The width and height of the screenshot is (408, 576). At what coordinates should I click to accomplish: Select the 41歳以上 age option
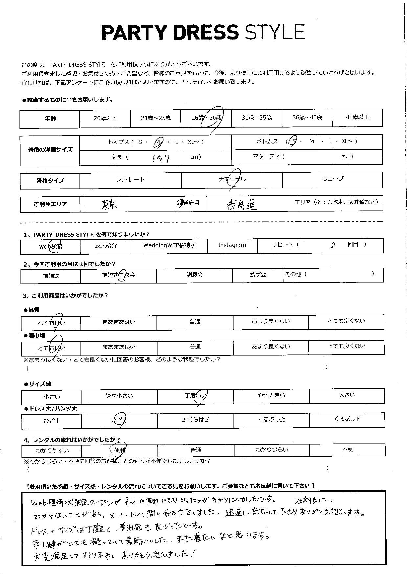[357, 117]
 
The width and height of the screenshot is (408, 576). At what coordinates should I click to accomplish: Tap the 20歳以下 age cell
[105, 118]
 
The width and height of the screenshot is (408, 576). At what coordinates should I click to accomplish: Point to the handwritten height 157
[161, 158]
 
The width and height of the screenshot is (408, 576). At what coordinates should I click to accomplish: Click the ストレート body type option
[130, 180]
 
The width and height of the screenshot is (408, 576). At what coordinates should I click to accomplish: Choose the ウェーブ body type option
[332, 179]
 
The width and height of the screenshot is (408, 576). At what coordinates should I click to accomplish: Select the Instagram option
[232, 245]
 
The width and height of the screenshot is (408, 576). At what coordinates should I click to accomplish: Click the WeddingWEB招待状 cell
[169, 246]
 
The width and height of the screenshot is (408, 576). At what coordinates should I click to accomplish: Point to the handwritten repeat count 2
[333, 245]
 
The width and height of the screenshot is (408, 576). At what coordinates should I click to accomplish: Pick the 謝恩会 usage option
[194, 275]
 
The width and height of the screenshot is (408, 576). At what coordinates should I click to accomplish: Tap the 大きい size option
[347, 395]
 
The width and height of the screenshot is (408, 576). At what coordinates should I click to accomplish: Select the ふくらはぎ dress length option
[195, 420]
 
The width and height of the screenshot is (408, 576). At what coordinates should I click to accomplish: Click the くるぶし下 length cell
[347, 419]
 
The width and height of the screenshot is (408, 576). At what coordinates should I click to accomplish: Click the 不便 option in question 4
[347, 449]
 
